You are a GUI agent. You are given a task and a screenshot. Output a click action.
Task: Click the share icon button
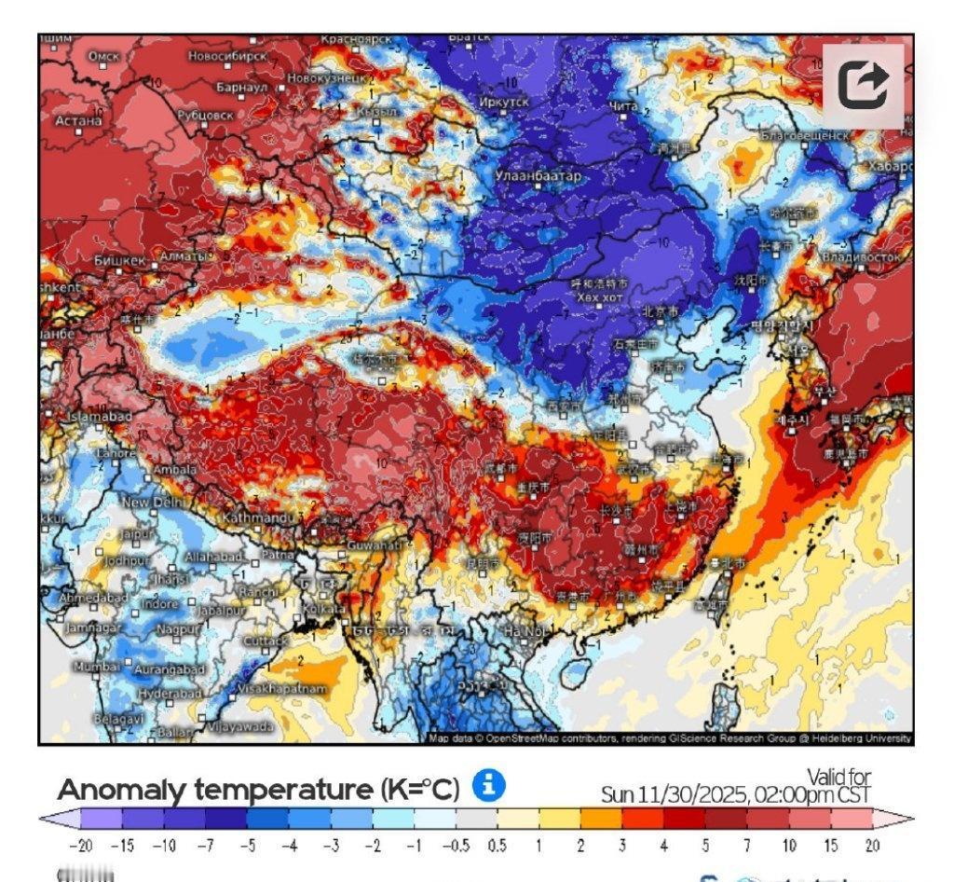(863, 86)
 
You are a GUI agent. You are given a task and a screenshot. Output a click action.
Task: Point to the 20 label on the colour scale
(871, 846)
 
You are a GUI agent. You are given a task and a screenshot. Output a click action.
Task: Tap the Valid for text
(838, 777)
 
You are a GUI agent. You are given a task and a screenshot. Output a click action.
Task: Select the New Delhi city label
(156, 503)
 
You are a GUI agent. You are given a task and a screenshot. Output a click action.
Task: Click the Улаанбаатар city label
(538, 176)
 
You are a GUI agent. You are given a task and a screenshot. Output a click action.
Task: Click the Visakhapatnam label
(283, 688)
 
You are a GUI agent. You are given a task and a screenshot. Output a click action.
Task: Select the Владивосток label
(860, 255)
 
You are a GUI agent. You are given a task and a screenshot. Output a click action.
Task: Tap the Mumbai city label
(96, 667)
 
